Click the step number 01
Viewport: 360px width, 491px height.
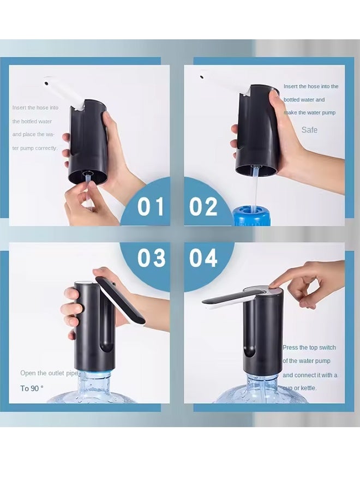coord(151,207)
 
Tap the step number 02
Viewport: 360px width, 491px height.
coord(203,207)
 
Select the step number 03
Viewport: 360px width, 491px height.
coord(151,258)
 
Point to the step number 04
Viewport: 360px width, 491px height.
coord(203,258)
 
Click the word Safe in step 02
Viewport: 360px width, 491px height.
coord(309,130)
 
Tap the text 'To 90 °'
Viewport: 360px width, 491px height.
coord(32,388)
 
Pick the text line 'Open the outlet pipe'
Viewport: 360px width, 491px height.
coord(49,373)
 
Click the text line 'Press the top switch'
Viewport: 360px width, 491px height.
coord(309,348)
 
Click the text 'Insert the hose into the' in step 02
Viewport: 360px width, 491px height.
coord(311,86)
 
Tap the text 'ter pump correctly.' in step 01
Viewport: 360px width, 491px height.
coord(35,148)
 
